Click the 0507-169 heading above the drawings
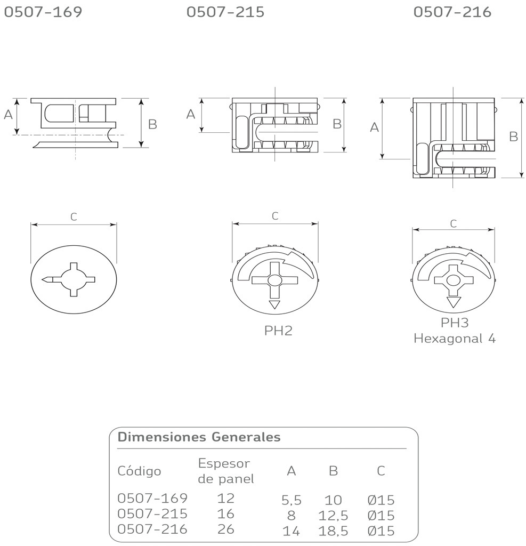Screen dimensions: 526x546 43,12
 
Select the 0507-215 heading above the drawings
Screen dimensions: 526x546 225,12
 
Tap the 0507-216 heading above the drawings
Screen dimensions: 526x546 452,12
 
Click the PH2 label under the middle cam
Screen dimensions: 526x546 278,331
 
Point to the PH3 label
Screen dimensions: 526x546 455,323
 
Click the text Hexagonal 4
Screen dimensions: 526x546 455,339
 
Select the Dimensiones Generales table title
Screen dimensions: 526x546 199,437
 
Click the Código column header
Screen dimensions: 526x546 139,471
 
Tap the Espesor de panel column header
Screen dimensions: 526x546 226,471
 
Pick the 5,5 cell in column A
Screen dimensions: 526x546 292,500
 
